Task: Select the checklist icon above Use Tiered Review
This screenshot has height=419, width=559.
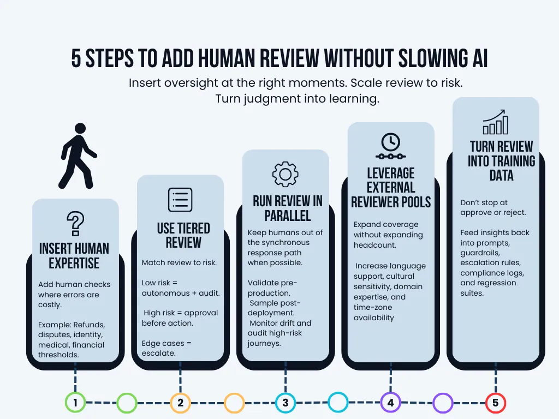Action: point(180,200)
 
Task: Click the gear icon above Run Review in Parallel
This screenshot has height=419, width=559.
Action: point(285,174)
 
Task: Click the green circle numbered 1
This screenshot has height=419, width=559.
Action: point(75,403)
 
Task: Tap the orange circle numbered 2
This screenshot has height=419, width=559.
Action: point(180,403)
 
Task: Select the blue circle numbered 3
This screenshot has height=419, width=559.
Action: point(285,403)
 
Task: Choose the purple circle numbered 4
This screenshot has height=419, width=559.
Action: point(390,403)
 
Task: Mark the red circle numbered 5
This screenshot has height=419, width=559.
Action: point(496,403)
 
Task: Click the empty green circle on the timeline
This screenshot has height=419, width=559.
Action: point(127,403)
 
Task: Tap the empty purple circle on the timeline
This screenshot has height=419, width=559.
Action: point(443,403)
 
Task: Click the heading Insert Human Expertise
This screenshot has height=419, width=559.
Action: point(74,256)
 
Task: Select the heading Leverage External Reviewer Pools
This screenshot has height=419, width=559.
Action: point(391,188)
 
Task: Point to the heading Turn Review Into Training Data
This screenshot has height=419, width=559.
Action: point(501,161)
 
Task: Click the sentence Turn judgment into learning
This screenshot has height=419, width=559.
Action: point(297,99)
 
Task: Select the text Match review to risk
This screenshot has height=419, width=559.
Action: point(179,262)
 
